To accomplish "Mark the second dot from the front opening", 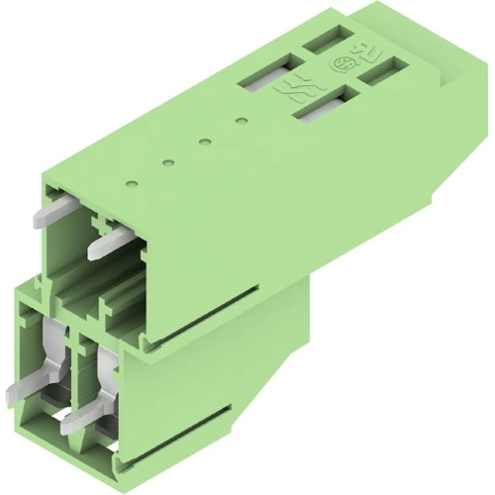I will tap(167, 161).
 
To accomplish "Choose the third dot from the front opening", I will tap(204, 142).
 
